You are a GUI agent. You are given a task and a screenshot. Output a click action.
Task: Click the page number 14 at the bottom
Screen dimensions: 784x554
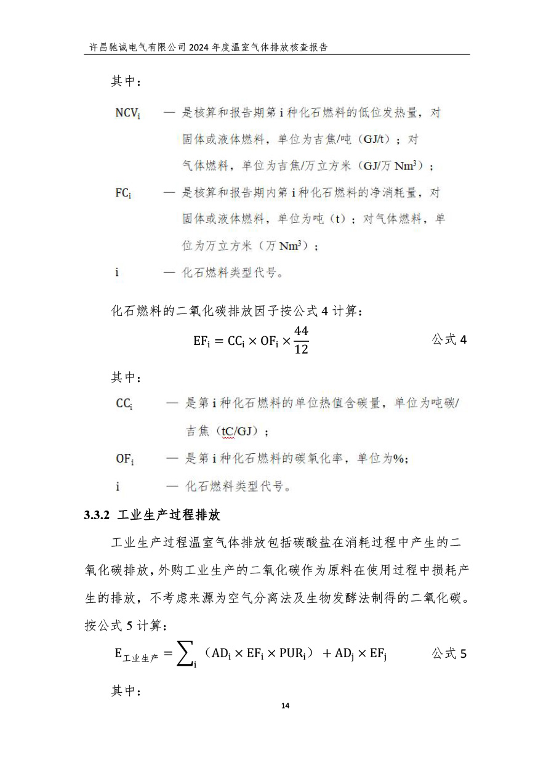click(284, 705)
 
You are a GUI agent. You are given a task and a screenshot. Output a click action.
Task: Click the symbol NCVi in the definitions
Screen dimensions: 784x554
click(128, 113)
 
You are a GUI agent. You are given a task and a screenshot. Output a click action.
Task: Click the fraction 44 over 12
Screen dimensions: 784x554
click(301, 340)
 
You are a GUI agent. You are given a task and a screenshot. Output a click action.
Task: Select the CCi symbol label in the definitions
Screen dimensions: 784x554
click(124, 404)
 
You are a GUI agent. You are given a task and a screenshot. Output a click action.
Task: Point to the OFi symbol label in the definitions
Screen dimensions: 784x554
click(125, 459)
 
